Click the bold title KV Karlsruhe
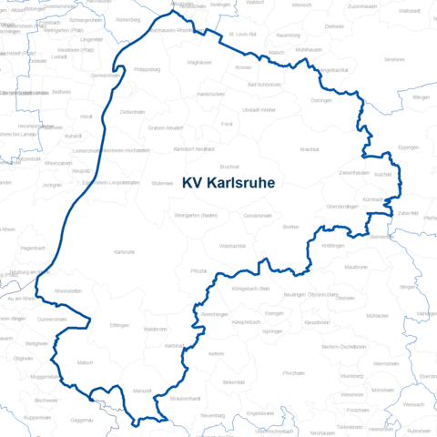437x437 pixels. [x=228, y=182]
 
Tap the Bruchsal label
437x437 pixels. [x=229, y=167]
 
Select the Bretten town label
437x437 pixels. [x=290, y=226]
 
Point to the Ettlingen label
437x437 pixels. [x=119, y=325]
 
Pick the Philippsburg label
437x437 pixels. [x=147, y=68]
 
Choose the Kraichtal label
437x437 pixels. [x=310, y=147]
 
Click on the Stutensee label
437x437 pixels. [x=162, y=183]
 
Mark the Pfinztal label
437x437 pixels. [x=198, y=272]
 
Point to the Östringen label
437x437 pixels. [x=321, y=101]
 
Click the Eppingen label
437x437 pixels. [x=409, y=147]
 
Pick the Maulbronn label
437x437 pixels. [x=356, y=268]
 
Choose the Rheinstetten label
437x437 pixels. [x=68, y=290]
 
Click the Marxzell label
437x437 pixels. [x=142, y=391]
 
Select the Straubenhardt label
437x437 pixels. [x=186, y=399]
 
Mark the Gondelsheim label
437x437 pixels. [x=259, y=216]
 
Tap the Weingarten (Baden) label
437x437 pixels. [x=195, y=215]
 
